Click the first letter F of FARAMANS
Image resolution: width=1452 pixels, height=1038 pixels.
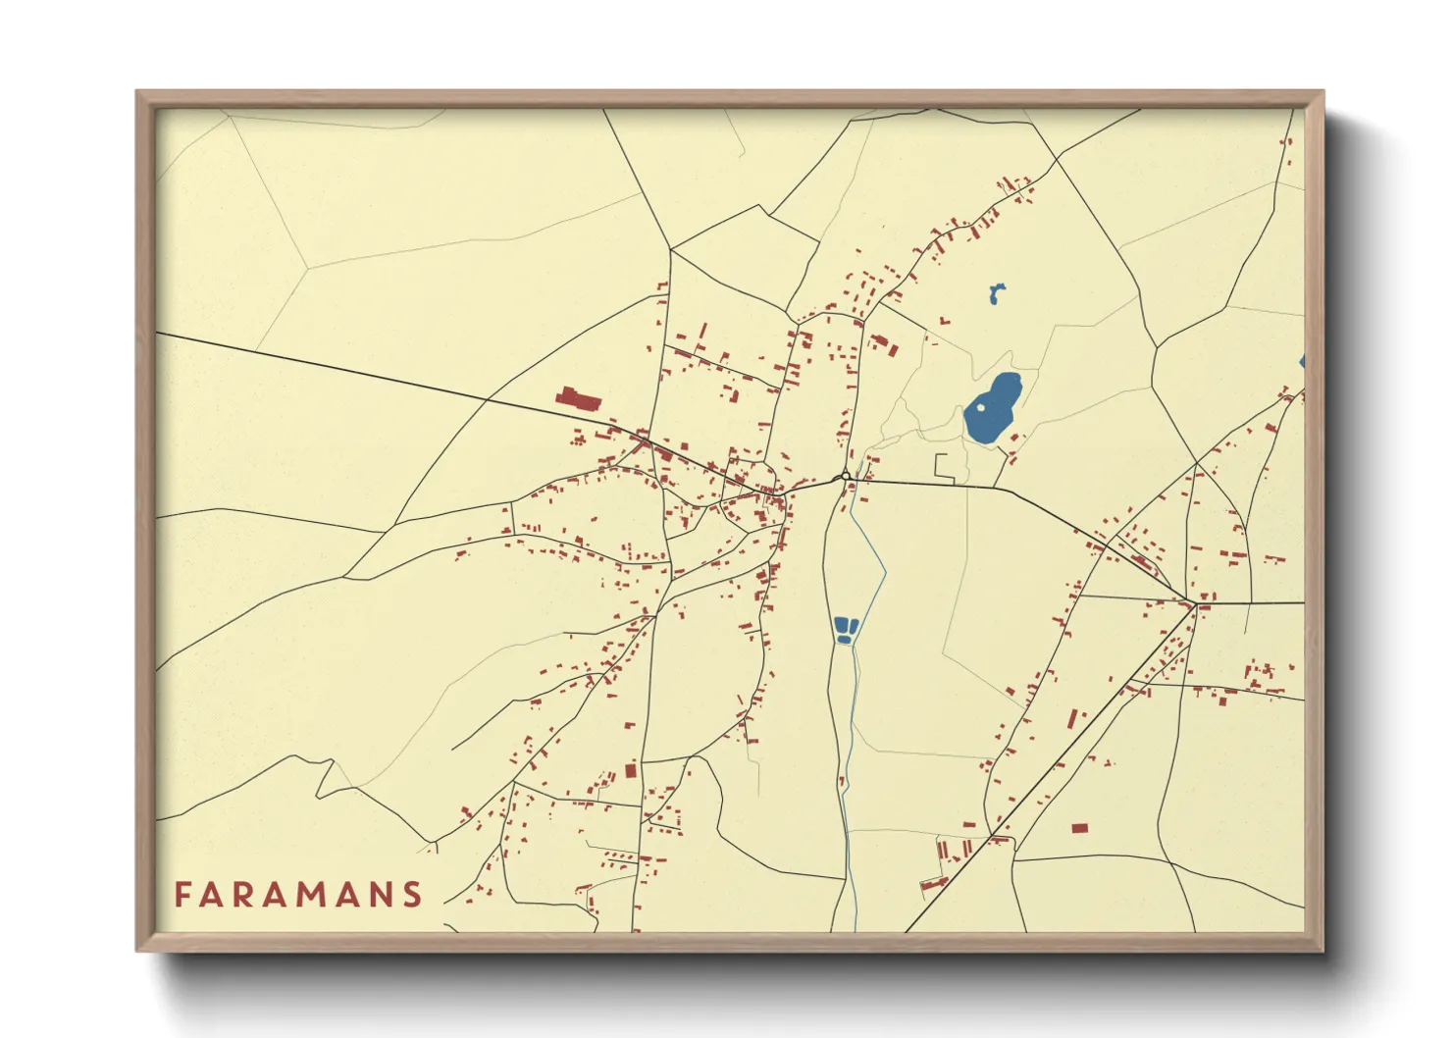click(182, 895)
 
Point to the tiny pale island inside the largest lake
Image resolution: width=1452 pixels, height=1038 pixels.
click(980, 407)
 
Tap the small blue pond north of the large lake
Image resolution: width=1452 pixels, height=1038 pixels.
click(996, 293)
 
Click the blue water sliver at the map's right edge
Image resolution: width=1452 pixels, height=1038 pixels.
click(1302, 362)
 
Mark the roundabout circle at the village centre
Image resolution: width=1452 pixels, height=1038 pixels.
click(845, 477)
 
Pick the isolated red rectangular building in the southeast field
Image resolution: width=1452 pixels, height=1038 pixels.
click(1079, 828)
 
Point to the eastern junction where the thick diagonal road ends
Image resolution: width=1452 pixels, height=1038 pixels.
click(1193, 601)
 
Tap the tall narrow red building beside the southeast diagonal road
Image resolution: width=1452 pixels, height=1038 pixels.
click(1072, 719)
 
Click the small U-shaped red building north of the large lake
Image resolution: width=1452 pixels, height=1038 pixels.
click(945, 321)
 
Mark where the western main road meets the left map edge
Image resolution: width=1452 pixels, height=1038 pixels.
click(158, 334)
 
